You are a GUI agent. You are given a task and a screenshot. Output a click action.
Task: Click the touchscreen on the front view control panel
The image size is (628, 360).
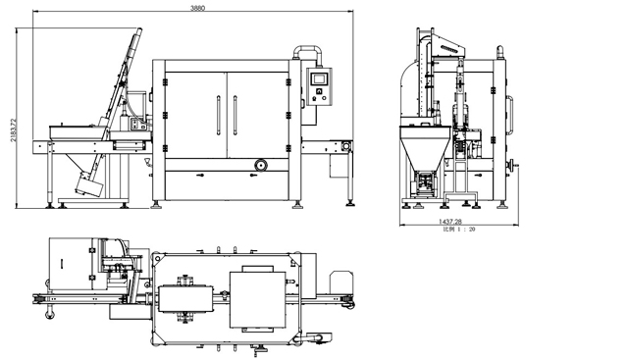318,78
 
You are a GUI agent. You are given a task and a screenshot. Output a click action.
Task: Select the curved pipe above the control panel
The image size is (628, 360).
310,53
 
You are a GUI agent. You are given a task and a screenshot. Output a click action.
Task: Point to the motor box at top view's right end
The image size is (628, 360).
340,283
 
